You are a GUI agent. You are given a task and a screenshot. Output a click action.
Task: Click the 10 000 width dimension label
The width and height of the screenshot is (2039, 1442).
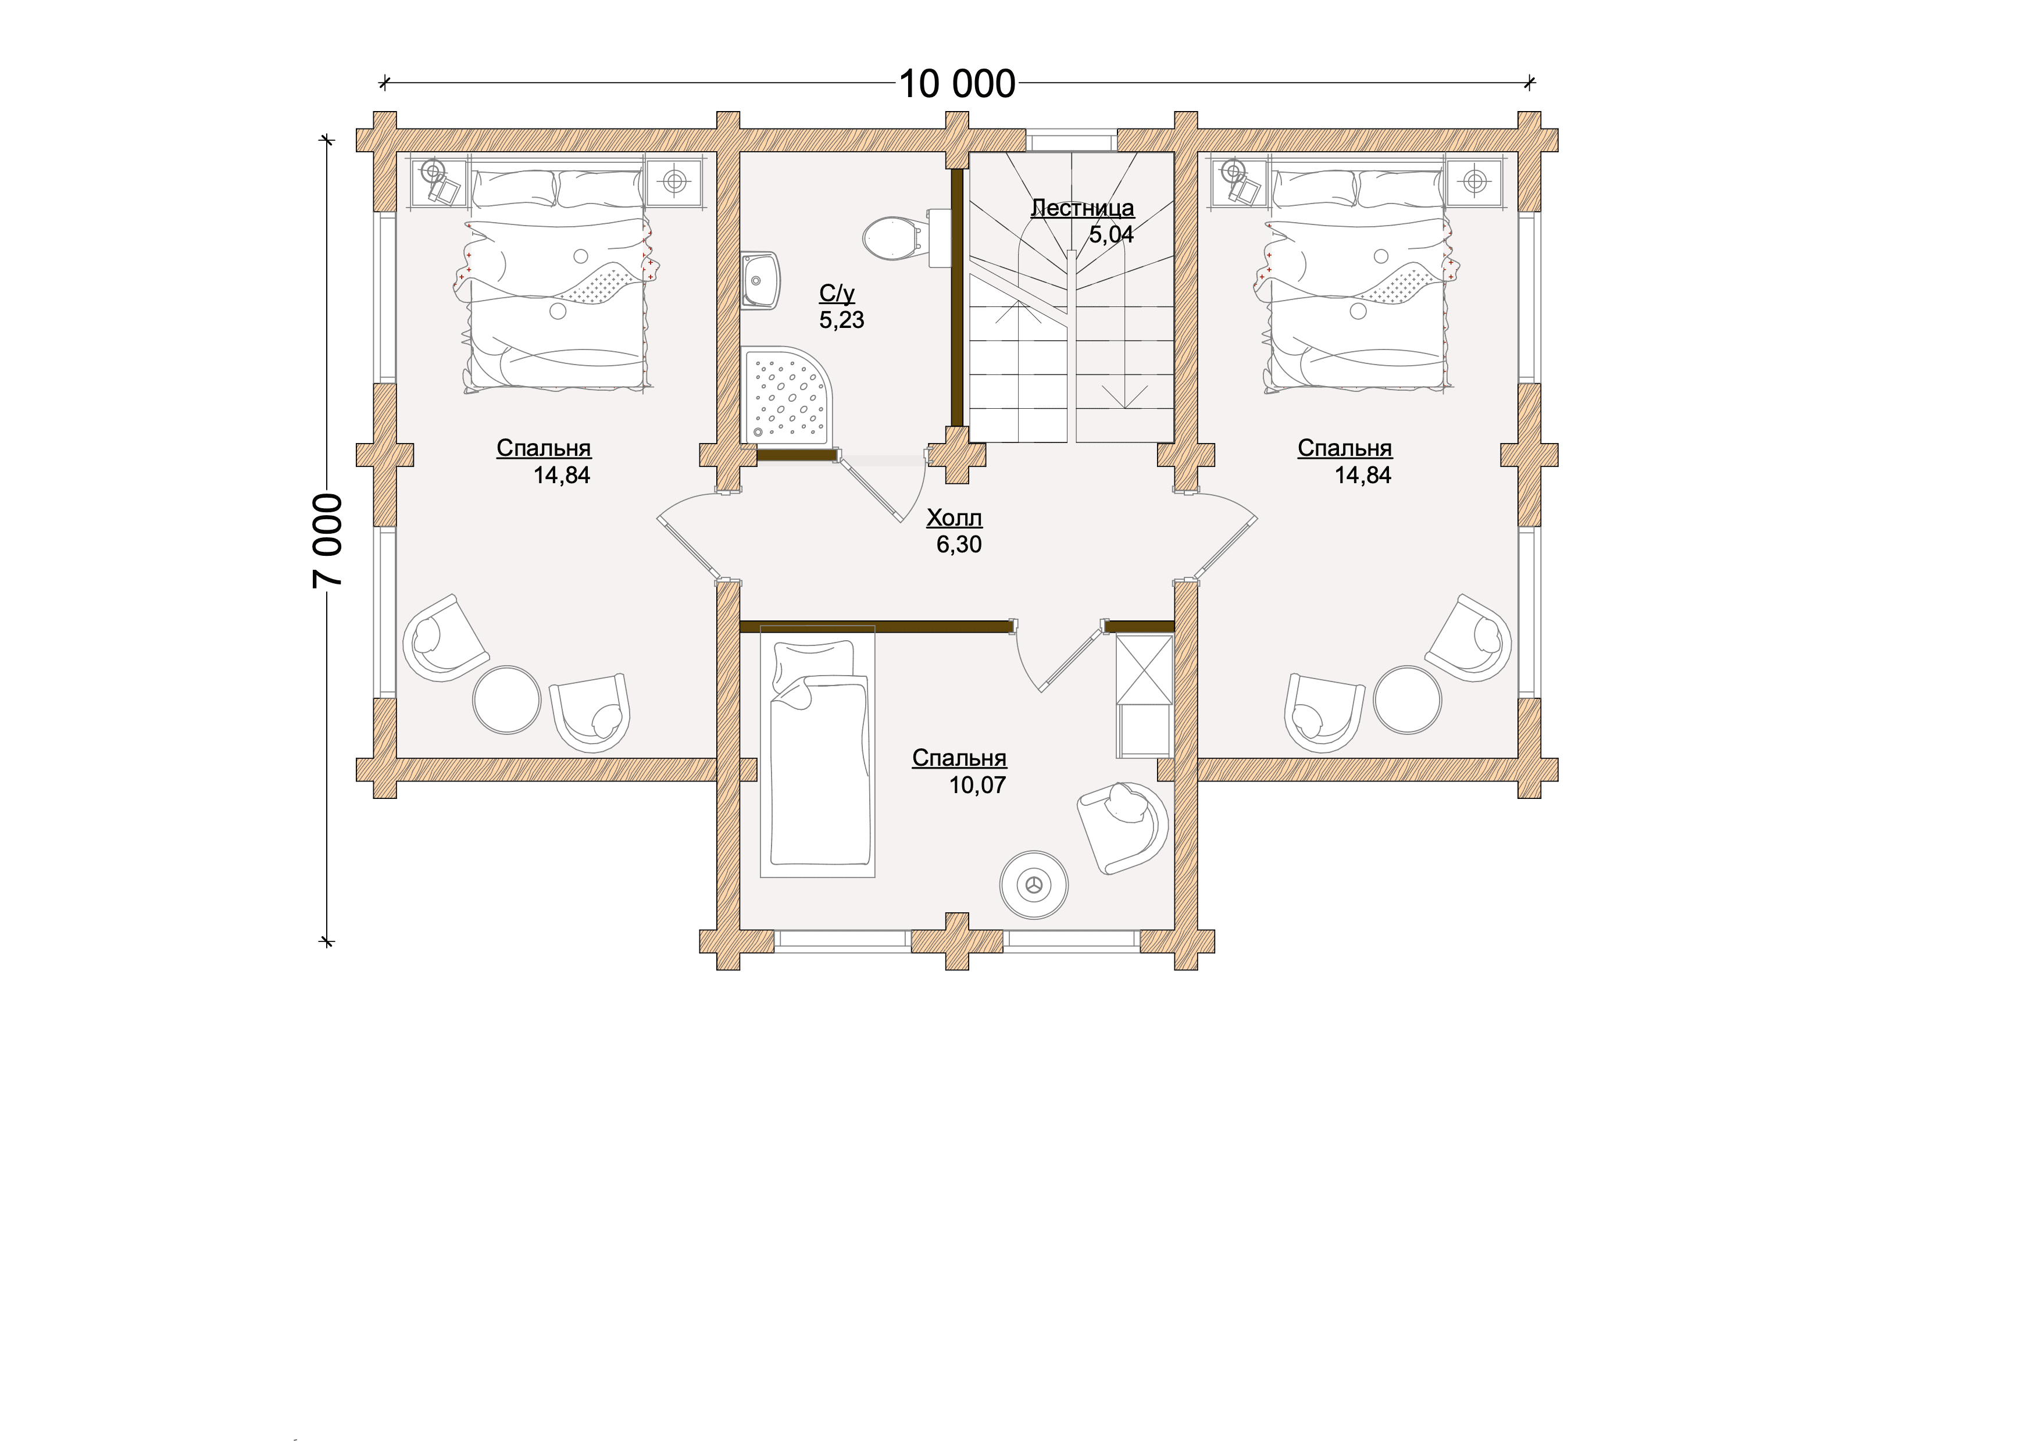click(958, 84)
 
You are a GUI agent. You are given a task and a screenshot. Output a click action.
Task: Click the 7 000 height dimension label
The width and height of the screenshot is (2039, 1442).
click(328, 540)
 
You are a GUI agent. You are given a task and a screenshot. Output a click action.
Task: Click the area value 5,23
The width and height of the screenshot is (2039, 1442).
click(841, 320)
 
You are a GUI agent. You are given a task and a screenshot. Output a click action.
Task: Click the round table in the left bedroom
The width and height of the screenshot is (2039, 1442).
click(506, 699)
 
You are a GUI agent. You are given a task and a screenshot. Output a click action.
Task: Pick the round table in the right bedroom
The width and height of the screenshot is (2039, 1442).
click(1408, 699)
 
